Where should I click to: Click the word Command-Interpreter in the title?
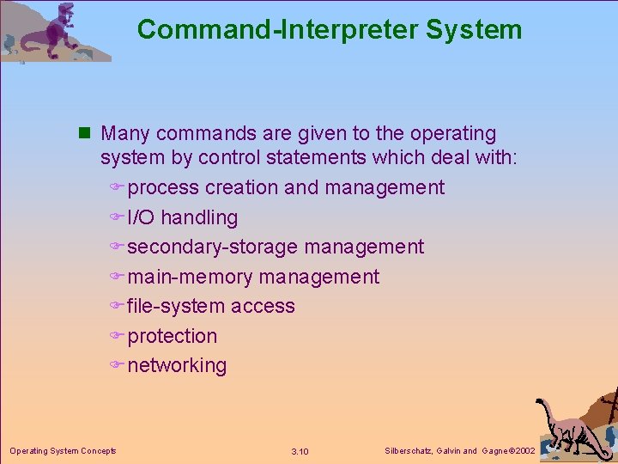pos(276,29)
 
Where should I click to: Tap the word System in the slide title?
pos(472,29)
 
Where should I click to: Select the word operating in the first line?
pos(452,134)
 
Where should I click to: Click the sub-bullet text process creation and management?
pos(286,187)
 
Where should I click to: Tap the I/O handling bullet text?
pos(182,217)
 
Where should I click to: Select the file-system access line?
pos(211,306)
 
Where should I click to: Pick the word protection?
pos(172,336)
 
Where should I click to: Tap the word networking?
pos(177,365)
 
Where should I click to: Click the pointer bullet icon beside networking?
pos(118,365)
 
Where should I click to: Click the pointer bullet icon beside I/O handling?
pos(118,217)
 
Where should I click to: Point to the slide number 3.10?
pos(300,451)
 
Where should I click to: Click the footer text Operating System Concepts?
pos(63,450)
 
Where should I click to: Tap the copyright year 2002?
pos(524,450)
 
